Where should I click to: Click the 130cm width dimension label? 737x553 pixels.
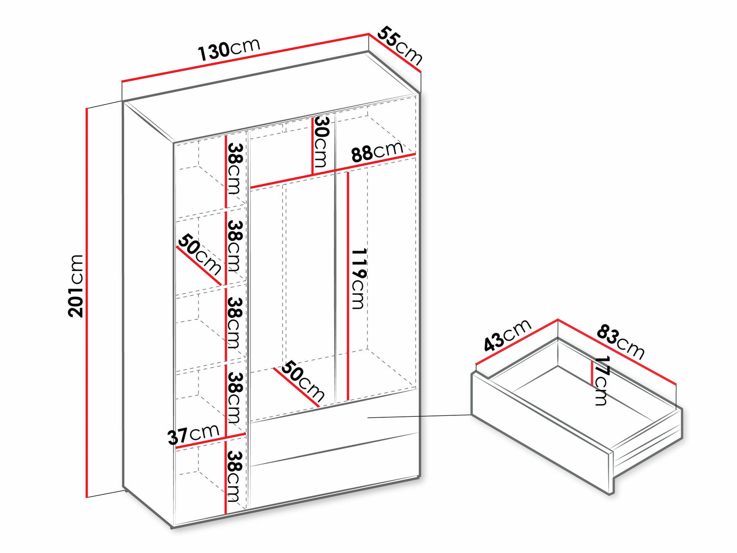(229, 50)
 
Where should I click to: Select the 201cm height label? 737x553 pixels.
(76, 286)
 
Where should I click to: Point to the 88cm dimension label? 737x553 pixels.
(377, 152)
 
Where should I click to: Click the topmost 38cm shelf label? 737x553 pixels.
(235, 169)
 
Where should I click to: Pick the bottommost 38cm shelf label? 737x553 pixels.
(235, 476)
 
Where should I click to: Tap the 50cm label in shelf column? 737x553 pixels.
(199, 255)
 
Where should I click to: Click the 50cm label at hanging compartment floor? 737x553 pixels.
(303, 381)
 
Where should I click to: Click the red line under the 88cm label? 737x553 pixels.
(333, 171)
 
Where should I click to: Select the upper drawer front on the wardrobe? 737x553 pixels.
(335, 433)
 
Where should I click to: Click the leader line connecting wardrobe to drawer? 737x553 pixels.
(420, 416)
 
